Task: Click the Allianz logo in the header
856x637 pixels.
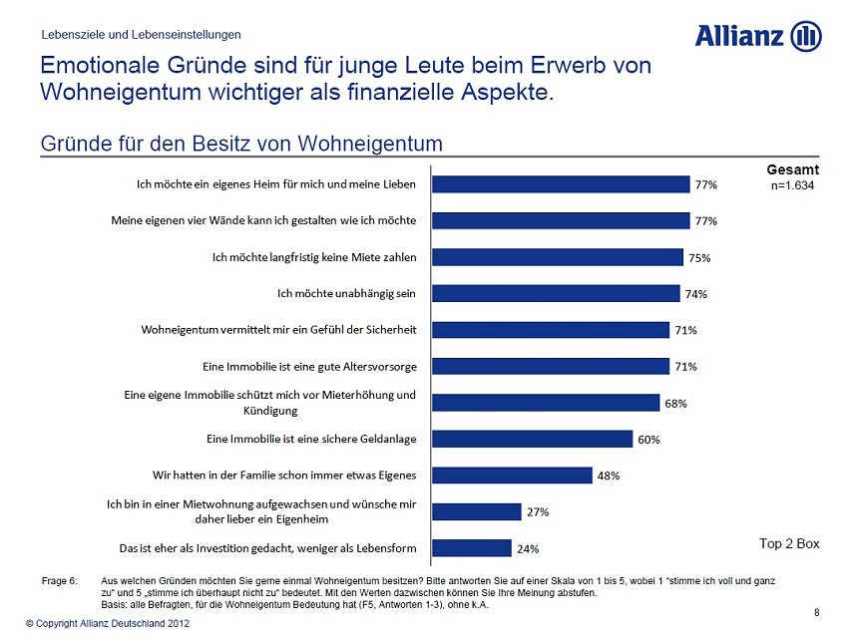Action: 757,37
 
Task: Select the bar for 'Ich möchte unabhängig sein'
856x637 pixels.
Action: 555,293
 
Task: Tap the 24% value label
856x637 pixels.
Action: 527,548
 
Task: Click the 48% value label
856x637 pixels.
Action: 608,476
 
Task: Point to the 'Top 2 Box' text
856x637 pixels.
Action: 789,543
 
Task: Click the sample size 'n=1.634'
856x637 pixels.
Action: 794,185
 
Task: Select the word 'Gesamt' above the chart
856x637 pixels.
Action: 793,170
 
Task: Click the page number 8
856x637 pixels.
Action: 817,611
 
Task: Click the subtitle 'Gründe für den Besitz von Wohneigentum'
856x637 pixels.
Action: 241,144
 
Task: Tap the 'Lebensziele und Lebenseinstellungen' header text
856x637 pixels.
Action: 141,35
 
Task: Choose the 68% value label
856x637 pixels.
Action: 675,404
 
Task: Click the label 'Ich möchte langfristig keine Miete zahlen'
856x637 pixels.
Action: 314,257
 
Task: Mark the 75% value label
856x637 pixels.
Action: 698,258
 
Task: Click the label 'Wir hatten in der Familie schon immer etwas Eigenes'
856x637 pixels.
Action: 284,475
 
